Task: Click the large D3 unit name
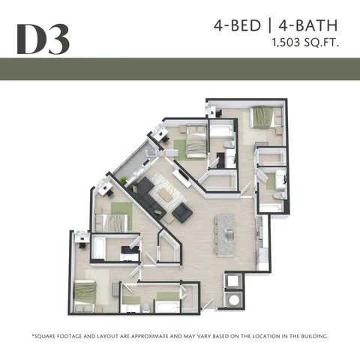click(43, 40)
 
